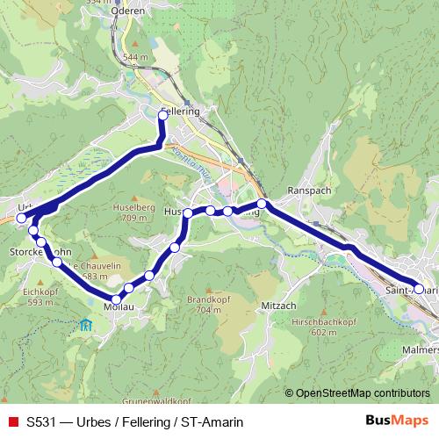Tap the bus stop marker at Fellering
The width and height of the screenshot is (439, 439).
pos(162,114)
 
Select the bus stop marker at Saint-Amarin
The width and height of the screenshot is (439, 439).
pos(419,289)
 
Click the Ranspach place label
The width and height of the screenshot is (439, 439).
pos(306,190)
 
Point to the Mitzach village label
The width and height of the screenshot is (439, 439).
pos(280,305)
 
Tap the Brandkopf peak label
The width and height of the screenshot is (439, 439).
pos(204,299)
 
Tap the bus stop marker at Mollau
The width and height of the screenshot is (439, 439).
pos(116,300)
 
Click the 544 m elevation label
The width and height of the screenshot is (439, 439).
pos(135,57)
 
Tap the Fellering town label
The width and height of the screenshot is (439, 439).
pos(183,112)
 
